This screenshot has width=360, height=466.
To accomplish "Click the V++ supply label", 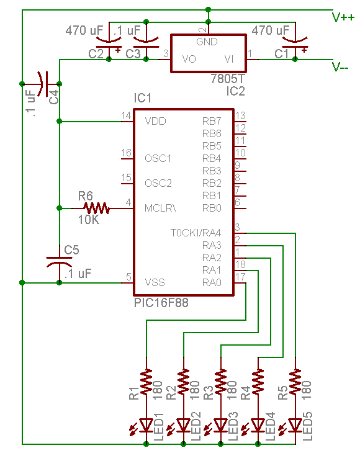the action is tap(343, 17).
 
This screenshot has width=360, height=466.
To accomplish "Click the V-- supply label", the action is tap(340, 67).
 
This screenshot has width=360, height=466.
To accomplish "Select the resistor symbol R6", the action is tap(96, 208).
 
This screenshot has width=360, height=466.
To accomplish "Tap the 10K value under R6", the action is tap(89, 220).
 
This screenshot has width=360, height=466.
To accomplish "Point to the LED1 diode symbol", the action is tap(146, 425).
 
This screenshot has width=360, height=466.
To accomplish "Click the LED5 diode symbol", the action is tap(295, 425).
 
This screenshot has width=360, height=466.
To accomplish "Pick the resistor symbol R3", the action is tap(220, 382).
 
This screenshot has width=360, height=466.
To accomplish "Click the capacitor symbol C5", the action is tap(59, 262).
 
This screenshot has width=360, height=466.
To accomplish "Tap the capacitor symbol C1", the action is tap(295, 42).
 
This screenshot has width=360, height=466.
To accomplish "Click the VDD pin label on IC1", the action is tap(155, 121).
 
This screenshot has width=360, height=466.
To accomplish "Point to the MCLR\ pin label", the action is tap(160, 208).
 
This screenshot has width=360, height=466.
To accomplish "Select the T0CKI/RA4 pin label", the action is tap(196, 233).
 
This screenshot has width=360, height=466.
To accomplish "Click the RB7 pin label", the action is tap(212, 121).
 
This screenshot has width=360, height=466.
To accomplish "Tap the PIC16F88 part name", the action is tap(161, 303).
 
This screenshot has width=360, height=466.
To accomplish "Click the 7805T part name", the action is tap(228, 79).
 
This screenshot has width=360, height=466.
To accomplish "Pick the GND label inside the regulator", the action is tap(207, 42).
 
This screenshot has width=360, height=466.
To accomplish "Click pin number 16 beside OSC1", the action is tap(127, 153).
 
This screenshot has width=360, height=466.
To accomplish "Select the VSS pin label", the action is tap(155, 282).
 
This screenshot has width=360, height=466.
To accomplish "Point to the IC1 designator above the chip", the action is tap(143, 98).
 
